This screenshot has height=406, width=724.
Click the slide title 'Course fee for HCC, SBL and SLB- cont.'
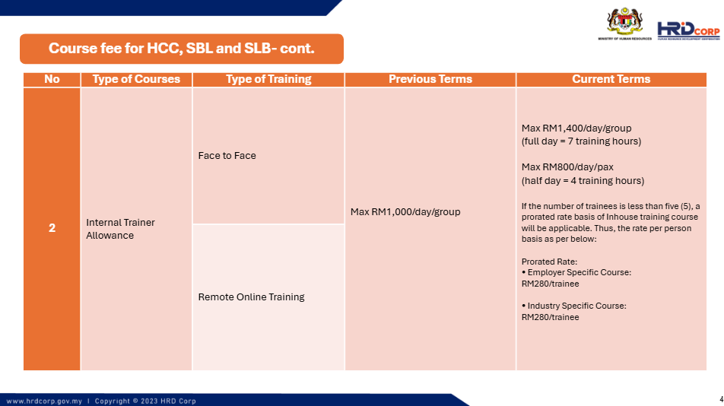coord(182,49)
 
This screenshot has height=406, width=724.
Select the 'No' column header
coord(52,79)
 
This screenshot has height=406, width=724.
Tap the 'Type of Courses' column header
coord(136,79)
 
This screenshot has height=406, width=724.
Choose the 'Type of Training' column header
coord(268,79)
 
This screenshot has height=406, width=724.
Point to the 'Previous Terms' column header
coord(430,79)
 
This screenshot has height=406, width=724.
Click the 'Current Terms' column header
coord(611,79)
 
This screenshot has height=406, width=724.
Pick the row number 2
coord(52,228)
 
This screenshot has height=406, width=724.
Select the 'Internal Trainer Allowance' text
coord(120,229)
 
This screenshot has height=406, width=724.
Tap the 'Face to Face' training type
coord(227,155)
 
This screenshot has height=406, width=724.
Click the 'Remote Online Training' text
coord(251,297)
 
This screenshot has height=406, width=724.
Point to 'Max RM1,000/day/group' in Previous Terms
coord(405,212)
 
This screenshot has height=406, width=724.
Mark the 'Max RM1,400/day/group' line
coord(576,128)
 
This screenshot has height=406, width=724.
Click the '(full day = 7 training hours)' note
coord(581,141)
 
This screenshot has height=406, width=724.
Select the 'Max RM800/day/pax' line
coord(567,167)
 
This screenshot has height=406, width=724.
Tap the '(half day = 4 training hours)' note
coord(583,180)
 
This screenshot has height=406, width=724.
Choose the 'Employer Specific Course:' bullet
coord(576,272)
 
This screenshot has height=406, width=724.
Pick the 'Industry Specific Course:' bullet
coord(574,306)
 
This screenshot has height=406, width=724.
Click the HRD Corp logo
coord(688,30)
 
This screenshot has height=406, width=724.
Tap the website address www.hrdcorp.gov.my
coord(44,401)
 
